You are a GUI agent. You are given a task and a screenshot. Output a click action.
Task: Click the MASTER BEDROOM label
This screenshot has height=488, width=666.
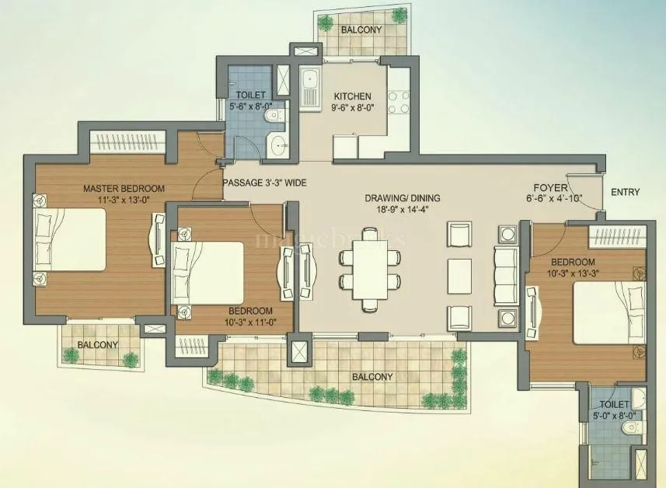click(124, 189)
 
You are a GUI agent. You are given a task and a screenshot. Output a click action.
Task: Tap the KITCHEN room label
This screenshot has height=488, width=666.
click(342, 96)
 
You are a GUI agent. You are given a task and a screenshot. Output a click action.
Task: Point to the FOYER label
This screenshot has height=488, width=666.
click(549, 188)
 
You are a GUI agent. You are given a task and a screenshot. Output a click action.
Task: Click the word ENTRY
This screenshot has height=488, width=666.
click(626, 192)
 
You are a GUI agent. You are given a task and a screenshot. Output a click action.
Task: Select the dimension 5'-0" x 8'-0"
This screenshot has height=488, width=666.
click(610, 416)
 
